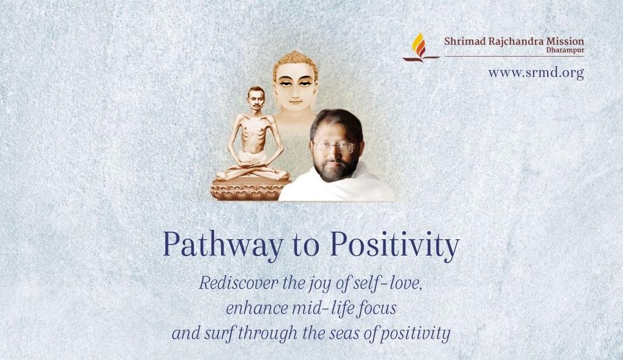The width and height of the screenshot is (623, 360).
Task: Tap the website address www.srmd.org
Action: tap(536, 73)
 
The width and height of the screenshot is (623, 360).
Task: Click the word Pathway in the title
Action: tap(223, 245)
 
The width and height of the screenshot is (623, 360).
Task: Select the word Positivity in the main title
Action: tap(394, 245)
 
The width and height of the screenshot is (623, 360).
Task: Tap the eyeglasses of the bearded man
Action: tap(333, 146)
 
